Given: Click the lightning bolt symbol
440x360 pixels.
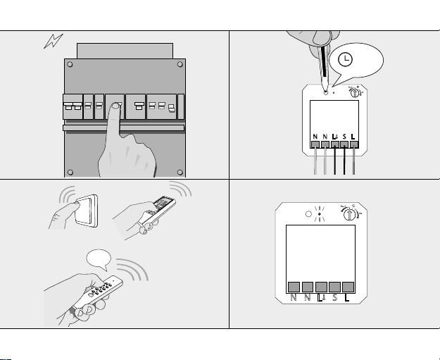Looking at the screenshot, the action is pos(54,41).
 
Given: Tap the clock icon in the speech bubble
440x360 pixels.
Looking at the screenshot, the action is pos(345,59).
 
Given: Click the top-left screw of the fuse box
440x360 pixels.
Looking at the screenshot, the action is pos(70,65).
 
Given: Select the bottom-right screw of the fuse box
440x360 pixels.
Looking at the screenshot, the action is pos(180,172).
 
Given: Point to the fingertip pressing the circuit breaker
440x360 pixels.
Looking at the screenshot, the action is pos(115,106).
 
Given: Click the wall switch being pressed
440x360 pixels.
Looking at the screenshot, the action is pos(87,211).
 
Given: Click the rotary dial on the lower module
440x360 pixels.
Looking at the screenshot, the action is pos(350,215).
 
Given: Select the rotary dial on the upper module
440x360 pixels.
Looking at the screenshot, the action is pos(355,93).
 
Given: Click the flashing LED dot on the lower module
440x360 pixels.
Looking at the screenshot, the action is pos(320,214).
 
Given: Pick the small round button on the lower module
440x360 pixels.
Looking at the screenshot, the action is pos(308,214).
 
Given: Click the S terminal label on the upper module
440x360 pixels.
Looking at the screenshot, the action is pos(344,137).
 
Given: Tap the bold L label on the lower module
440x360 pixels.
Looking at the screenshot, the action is pos(347,297).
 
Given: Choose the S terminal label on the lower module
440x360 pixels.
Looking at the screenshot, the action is pos(334,297).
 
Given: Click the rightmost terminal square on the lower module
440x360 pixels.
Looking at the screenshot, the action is pos(348,287).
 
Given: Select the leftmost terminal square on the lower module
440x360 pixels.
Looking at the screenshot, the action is pos(294,287).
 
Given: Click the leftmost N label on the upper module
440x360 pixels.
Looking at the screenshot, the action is pos(315,137).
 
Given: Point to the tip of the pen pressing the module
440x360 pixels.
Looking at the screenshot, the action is pos(325,92).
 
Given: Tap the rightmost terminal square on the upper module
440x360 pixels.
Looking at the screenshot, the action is pos(354,144).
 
